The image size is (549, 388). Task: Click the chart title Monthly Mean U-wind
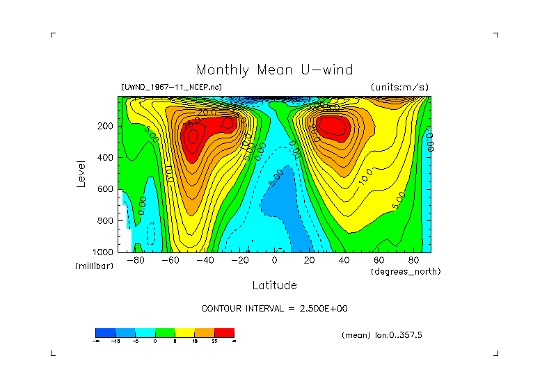(x=274, y=70)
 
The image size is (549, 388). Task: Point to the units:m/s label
(x=399, y=88)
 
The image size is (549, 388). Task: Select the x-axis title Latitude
(x=274, y=285)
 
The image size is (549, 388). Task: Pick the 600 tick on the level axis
(x=106, y=189)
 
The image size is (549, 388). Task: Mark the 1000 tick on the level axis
(x=104, y=252)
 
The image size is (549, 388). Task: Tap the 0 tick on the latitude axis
(x=274, y=261)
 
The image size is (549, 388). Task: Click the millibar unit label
(x=94, y=267)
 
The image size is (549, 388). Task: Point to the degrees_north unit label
(x=406, y=271)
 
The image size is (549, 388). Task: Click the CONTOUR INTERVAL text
(x=274, y=308)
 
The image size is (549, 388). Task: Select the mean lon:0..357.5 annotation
(x=382, y=335)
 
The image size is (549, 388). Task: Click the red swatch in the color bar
(x=224, y=332)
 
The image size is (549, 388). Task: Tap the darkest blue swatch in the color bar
(x=105, y=332)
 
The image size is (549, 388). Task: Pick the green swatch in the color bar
(x=165, y=332)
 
